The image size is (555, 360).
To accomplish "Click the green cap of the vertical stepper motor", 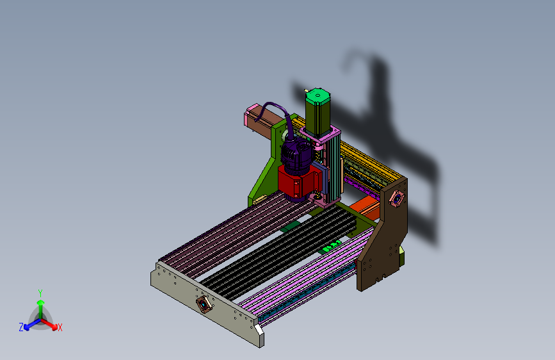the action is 318,96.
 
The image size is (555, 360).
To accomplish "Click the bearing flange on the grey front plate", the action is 204,304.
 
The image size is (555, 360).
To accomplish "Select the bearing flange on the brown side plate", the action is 396,199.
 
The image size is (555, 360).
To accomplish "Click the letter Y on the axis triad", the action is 40,293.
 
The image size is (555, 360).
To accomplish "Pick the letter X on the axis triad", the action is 60,328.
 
